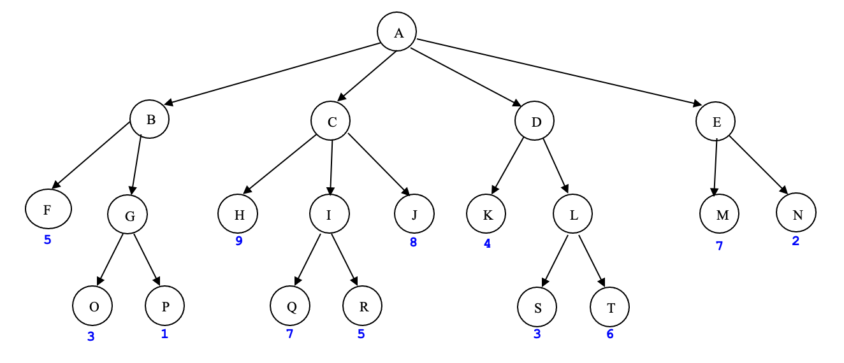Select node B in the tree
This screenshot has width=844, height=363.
pos(149,119)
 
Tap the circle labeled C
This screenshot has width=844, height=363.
pos(331,121)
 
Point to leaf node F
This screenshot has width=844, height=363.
pos(48,208)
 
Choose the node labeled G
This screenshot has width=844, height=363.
pos(127,215)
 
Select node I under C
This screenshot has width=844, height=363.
pos(329,214)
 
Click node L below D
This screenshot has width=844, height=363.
pos(572,215)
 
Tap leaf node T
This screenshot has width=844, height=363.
pos(609,308)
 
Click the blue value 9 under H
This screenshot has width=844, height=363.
pos(239,241)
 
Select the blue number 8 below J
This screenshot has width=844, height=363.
pos(413,242)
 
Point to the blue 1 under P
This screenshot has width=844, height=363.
pos(164,333)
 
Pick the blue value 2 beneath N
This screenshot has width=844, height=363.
pos(796,241)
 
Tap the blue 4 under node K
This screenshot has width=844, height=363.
pos(487,243)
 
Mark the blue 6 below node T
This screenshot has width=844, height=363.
pos(609,334)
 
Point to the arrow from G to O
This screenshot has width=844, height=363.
pos(109,259)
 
